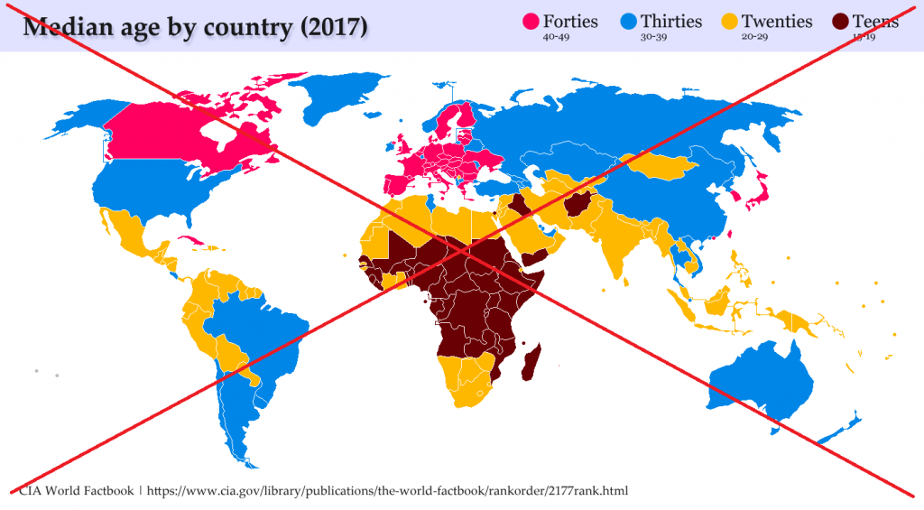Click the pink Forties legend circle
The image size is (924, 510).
click(x=531, y=22)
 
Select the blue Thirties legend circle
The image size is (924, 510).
click(x=628, y=22)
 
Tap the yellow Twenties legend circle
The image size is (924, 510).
click(x=729, y=22)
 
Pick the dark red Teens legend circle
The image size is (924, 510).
click(x=840, y=22)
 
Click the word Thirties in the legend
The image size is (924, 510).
click(x=669, y=21)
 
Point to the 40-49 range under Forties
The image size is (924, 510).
click(x=558, y=38)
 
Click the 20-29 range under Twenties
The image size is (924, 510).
click(x=756, y=38)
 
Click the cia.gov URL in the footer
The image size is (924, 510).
click(x=387, y=491)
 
